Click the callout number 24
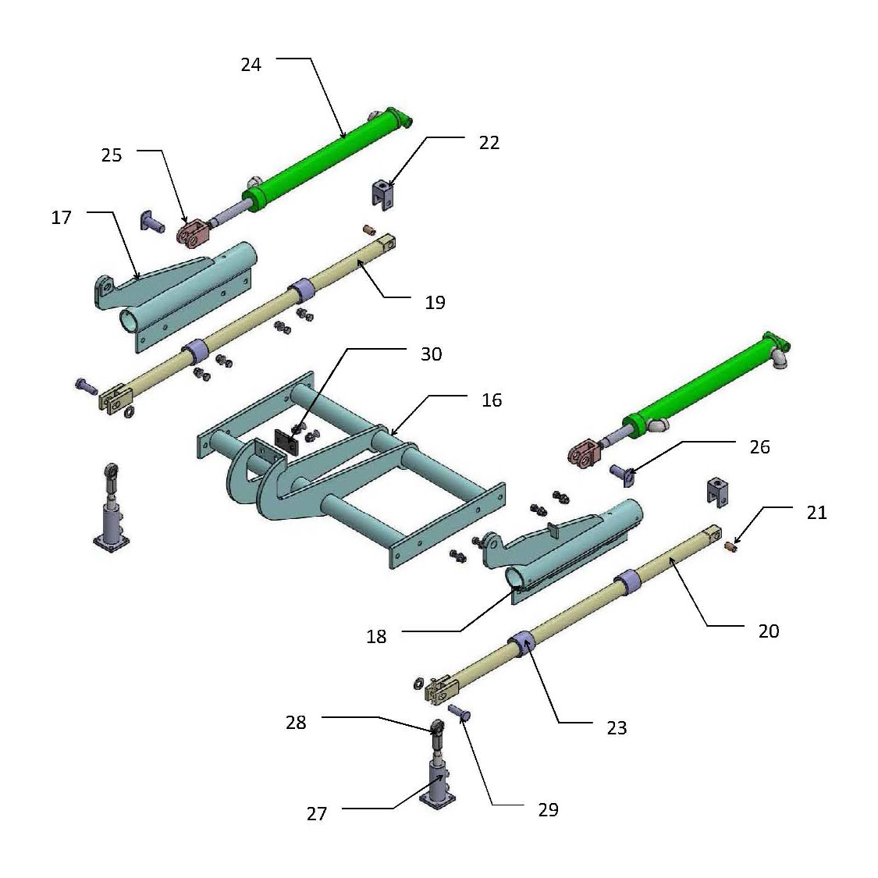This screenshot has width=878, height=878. click(x=251, y=65)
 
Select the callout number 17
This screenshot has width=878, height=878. click(x=62, y=218)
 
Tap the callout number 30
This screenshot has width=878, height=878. click(x=431, y=354)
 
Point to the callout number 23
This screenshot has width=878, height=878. click(x=616, y=727)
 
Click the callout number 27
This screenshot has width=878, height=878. click(x=316, y=814)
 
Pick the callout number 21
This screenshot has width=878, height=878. click(x=816, y=513)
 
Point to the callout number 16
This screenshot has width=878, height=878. click(x=492, y=400)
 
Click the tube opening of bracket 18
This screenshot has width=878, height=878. click(x=517, y=578)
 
